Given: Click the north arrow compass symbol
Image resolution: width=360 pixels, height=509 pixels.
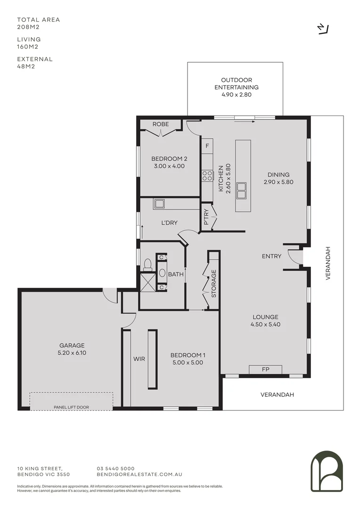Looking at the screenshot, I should pyautogui.click(x=323, y=29).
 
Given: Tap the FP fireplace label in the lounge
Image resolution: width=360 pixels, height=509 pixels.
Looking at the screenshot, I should pyautogui.click(x=265, y=370).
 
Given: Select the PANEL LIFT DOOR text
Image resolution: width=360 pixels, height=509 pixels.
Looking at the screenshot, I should pyautogui.click(x=72, y=407).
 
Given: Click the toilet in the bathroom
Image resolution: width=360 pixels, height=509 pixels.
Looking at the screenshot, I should pyautogui.click(x=147, y=263).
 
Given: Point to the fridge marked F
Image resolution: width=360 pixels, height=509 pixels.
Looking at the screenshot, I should pyautogui.click(x=207, y=146).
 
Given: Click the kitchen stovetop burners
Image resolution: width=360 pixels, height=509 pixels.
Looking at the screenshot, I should pyautogui.click(x=207, y=176).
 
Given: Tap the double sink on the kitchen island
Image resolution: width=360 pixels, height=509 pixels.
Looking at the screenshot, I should pyautogui.click(x=243, y=190).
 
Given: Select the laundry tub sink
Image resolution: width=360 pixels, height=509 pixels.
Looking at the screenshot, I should pyautogui.click(x=159, y=204).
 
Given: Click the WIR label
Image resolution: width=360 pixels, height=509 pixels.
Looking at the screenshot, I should pyautogui.click(x=139, y=359).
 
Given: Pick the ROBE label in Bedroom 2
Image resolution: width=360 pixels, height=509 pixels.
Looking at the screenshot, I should pyautogui.click(x=161, y=124).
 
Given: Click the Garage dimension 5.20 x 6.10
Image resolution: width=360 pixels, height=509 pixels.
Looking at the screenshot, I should pyautogui.click(x=72, y=353).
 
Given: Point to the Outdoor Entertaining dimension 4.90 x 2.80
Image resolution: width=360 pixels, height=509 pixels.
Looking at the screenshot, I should pyautogui.click(x=237, y=95).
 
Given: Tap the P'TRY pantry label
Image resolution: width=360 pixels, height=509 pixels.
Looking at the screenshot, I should pyautogui.click(x=205, y=217).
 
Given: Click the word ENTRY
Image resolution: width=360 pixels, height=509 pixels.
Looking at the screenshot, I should pyautogui.click(x=271, y=256).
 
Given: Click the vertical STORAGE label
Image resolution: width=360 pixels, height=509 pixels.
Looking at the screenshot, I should pyautogui.click(x=213, y=283).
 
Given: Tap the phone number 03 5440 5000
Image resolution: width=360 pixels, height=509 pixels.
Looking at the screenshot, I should pyautogui.click(x=115, y=468).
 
